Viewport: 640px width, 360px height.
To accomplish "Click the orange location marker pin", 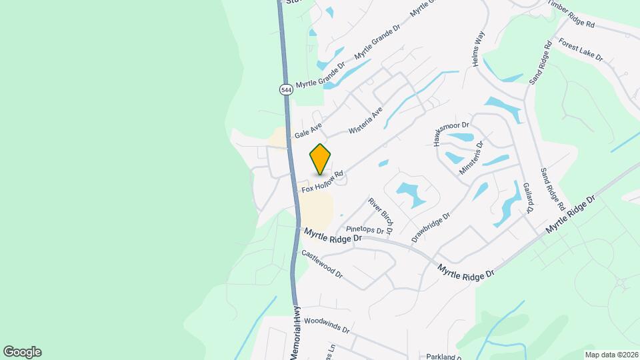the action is click(x=321, y=159).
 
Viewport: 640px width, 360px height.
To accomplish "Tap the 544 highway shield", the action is click(x=285, y=89).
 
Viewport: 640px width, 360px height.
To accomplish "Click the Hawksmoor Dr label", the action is click(x=451, y=133).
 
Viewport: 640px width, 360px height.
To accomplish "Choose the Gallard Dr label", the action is click(x=528, y=197).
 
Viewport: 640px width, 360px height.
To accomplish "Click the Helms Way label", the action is click(x=477, y=50).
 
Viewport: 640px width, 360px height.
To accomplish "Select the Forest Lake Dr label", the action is click(x=581, y=49).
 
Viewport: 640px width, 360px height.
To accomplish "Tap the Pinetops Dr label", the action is click(x=365, y=229).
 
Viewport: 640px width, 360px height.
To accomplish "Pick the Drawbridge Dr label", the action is click(x=431, y=227).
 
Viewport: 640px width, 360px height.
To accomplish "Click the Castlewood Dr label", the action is click(x=321, y=264).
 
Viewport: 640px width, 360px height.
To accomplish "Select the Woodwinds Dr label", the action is click(x=326, y=325).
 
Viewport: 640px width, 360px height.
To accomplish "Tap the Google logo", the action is click(x=22, y=352).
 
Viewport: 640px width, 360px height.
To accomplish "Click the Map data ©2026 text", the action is click(x=611, y=355).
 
